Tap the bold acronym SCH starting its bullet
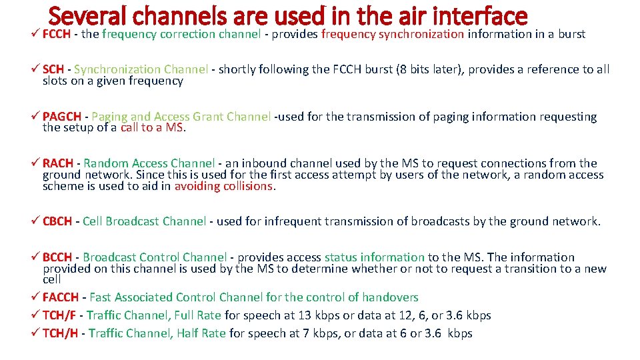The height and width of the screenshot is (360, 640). coord(53,69)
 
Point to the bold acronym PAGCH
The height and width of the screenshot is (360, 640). coord(59,117)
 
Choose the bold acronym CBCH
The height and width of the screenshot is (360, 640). coord(57,221)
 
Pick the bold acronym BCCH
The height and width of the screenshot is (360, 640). coord(57,257)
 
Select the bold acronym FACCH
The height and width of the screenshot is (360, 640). coord(60,297)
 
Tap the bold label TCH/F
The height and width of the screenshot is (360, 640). coord(59,315)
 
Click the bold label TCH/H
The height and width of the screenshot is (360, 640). coord(59,333)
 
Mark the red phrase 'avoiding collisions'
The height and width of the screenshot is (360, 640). coord(224,187)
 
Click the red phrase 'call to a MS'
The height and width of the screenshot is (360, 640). coord(152,128)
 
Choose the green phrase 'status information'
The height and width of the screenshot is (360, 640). coord(374,257)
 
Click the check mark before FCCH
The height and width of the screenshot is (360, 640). coord(36,34)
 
